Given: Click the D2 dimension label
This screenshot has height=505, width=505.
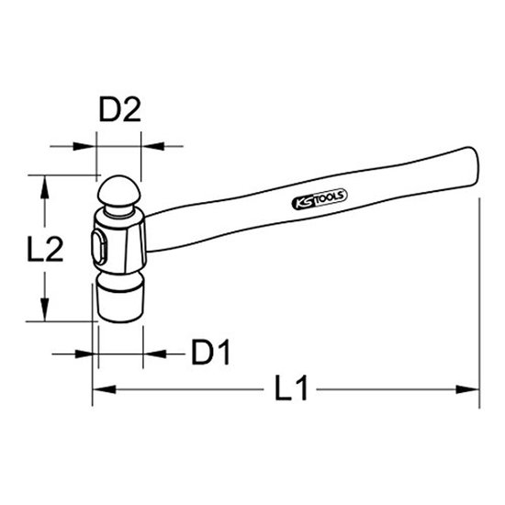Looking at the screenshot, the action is [x=119, y=110].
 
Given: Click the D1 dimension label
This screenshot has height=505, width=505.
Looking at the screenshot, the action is [x=211, y=352].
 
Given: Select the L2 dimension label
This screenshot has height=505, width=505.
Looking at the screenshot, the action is [x=45, y=248].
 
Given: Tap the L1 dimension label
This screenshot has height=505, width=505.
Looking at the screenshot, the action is [x=291, y=387].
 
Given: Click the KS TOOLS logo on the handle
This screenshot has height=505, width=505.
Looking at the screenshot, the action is [x=320, y=199].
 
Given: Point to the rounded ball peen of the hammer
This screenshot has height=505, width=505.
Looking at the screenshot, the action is [x=119, y=191].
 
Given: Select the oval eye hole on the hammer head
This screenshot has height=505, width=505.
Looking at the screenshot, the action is [x=99, y=248].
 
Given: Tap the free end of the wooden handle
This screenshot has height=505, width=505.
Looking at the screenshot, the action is [x=473, y=167].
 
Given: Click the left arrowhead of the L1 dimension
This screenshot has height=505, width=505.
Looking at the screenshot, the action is [x=104, y=389].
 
